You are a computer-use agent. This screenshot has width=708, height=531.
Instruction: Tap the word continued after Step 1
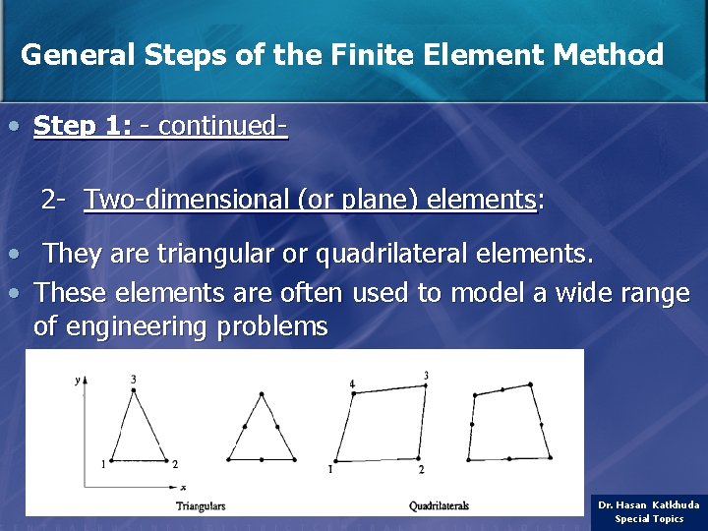pos(218,126)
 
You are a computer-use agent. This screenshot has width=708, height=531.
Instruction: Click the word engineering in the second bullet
pos(130,326)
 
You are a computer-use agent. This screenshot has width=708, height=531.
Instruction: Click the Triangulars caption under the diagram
pos(201,506)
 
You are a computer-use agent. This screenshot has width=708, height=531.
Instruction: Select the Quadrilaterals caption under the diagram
pos(439,506)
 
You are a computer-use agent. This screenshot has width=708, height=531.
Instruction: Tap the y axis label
pos(77,380)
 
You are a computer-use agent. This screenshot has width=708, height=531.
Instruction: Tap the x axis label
pos(183,487)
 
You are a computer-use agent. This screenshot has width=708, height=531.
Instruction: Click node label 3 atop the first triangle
pos(133,379)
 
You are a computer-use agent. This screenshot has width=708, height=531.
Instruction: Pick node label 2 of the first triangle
pos(175,464)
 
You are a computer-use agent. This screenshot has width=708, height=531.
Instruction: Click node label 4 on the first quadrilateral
pos(351,383)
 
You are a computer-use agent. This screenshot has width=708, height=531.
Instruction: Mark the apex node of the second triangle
pos(261,395)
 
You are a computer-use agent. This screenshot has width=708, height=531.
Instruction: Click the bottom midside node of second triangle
pos(261,459)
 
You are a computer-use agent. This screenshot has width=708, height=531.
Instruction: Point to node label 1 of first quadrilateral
pos(330,469)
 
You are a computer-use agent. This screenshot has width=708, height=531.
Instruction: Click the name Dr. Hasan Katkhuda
pos(649,504)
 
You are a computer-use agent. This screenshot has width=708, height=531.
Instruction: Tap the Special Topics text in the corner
pos(649,518)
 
